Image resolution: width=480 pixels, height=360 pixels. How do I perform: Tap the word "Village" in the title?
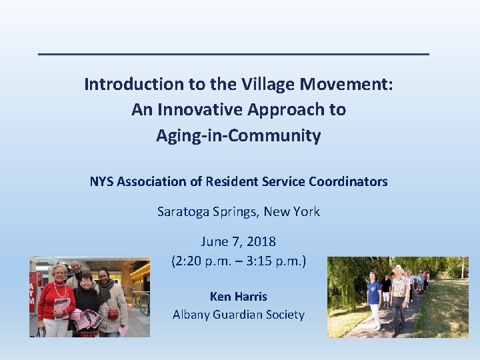point(265,85)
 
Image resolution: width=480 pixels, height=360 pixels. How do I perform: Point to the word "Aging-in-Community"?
point(239,136)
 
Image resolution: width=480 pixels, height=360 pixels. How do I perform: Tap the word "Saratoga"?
point(182,212)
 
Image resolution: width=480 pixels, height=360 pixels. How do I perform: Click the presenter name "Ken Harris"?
point(238,296)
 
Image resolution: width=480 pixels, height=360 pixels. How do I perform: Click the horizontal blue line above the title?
point(233,54)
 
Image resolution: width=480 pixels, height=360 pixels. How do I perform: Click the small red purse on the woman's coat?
point(113,313)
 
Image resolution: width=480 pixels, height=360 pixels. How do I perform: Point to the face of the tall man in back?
point(77,269)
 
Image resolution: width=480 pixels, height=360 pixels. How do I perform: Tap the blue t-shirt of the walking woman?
point(374,291)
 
